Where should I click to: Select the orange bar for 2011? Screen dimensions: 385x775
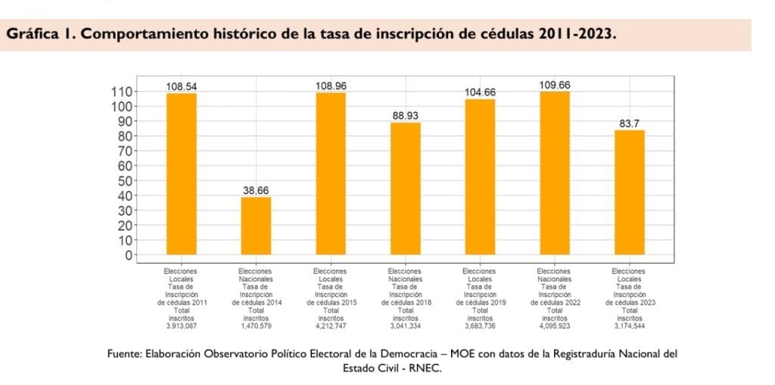pyautogui.click(x=182, y=174)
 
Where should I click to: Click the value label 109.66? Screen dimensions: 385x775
pyautogui.click(x=555, y=85)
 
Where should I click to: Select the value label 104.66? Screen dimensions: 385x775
pyautogui.click(x=480, y=92)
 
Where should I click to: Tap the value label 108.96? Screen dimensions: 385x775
pyautogui.click(x=331, y=86)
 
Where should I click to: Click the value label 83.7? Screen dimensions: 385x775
pyautogui.click(x=629, y=124)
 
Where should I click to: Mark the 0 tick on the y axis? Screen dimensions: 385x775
pyautogui.click(x=129, y=255)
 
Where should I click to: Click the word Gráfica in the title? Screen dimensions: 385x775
pyautogui.click(x=35, y=35)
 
